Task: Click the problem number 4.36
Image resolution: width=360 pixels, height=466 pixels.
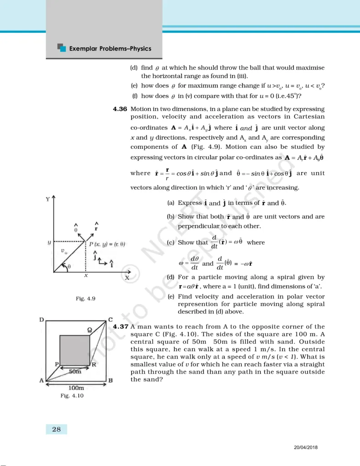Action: tap(120, 109)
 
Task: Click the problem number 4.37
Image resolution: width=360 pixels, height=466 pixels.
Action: tap(120, 327)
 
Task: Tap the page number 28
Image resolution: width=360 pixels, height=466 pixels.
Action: tap(56, 429)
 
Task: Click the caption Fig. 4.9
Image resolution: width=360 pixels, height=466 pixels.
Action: tap(85, 299)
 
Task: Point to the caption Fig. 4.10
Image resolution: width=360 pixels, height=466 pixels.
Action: tap(72, 396)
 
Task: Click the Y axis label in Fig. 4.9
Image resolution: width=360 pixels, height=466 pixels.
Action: tap(47, 199)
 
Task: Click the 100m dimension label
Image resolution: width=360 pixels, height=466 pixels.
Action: tap(76, 388)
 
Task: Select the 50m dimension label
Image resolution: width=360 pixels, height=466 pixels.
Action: tap(76, 372)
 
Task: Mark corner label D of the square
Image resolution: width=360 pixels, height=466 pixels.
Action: tap(41, 320)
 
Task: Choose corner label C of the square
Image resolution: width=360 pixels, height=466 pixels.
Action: tap(110, 320)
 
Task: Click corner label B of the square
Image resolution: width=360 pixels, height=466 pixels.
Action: tap(111, 380)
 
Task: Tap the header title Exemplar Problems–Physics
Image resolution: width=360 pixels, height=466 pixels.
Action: tap(110, 48)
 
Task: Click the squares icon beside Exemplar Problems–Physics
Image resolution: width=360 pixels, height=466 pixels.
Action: tap(62, 47)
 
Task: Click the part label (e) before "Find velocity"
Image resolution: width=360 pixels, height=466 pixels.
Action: tap(171, 297)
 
